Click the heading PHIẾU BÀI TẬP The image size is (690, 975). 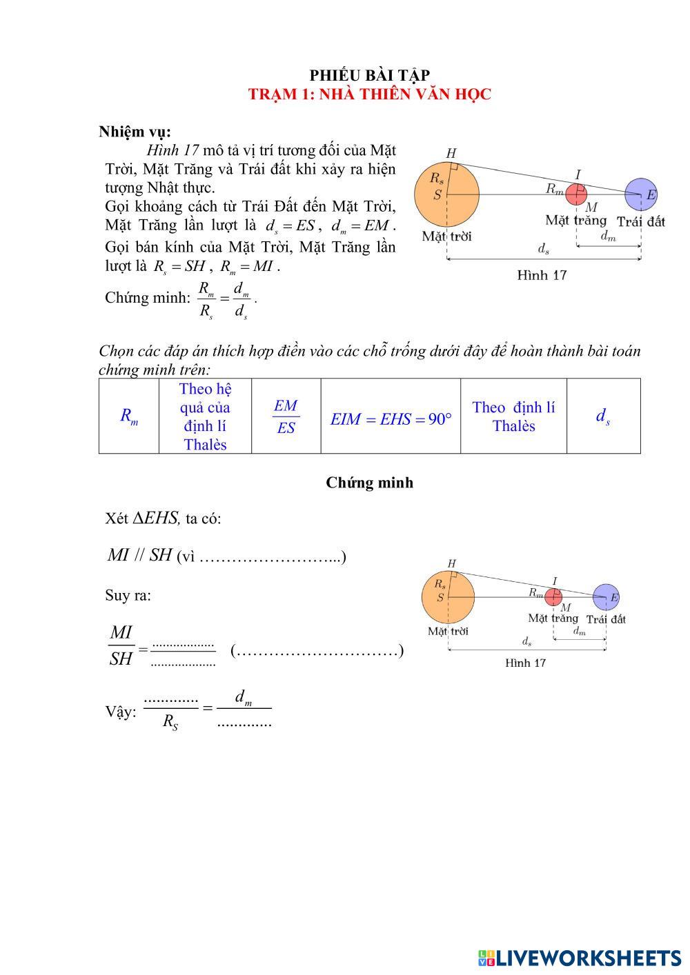[369, 75]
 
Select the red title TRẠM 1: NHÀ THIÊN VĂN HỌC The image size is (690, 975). [369, 94]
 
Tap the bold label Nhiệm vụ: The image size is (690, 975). [135, 132]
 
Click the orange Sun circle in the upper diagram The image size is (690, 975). [446, 194]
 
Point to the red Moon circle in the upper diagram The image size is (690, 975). [576, 194]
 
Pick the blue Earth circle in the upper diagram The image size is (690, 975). [642, 194]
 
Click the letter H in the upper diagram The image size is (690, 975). [451, 153]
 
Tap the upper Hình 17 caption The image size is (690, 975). [542, 275]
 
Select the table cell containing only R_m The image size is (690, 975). [129, 416]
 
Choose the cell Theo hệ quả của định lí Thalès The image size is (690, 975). [205, 416]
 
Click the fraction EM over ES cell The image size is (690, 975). [286, 416]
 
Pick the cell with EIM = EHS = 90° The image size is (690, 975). [391, 419]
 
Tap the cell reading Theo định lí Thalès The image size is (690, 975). [513, 416]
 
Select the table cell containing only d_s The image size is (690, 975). [603, 416]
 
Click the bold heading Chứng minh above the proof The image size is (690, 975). [369, 483]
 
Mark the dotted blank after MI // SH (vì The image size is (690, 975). [270, 557]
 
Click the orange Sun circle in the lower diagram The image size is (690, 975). [448, 597]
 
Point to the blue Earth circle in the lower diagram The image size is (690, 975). [606, 597]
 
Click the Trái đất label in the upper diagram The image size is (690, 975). [640, 221]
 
